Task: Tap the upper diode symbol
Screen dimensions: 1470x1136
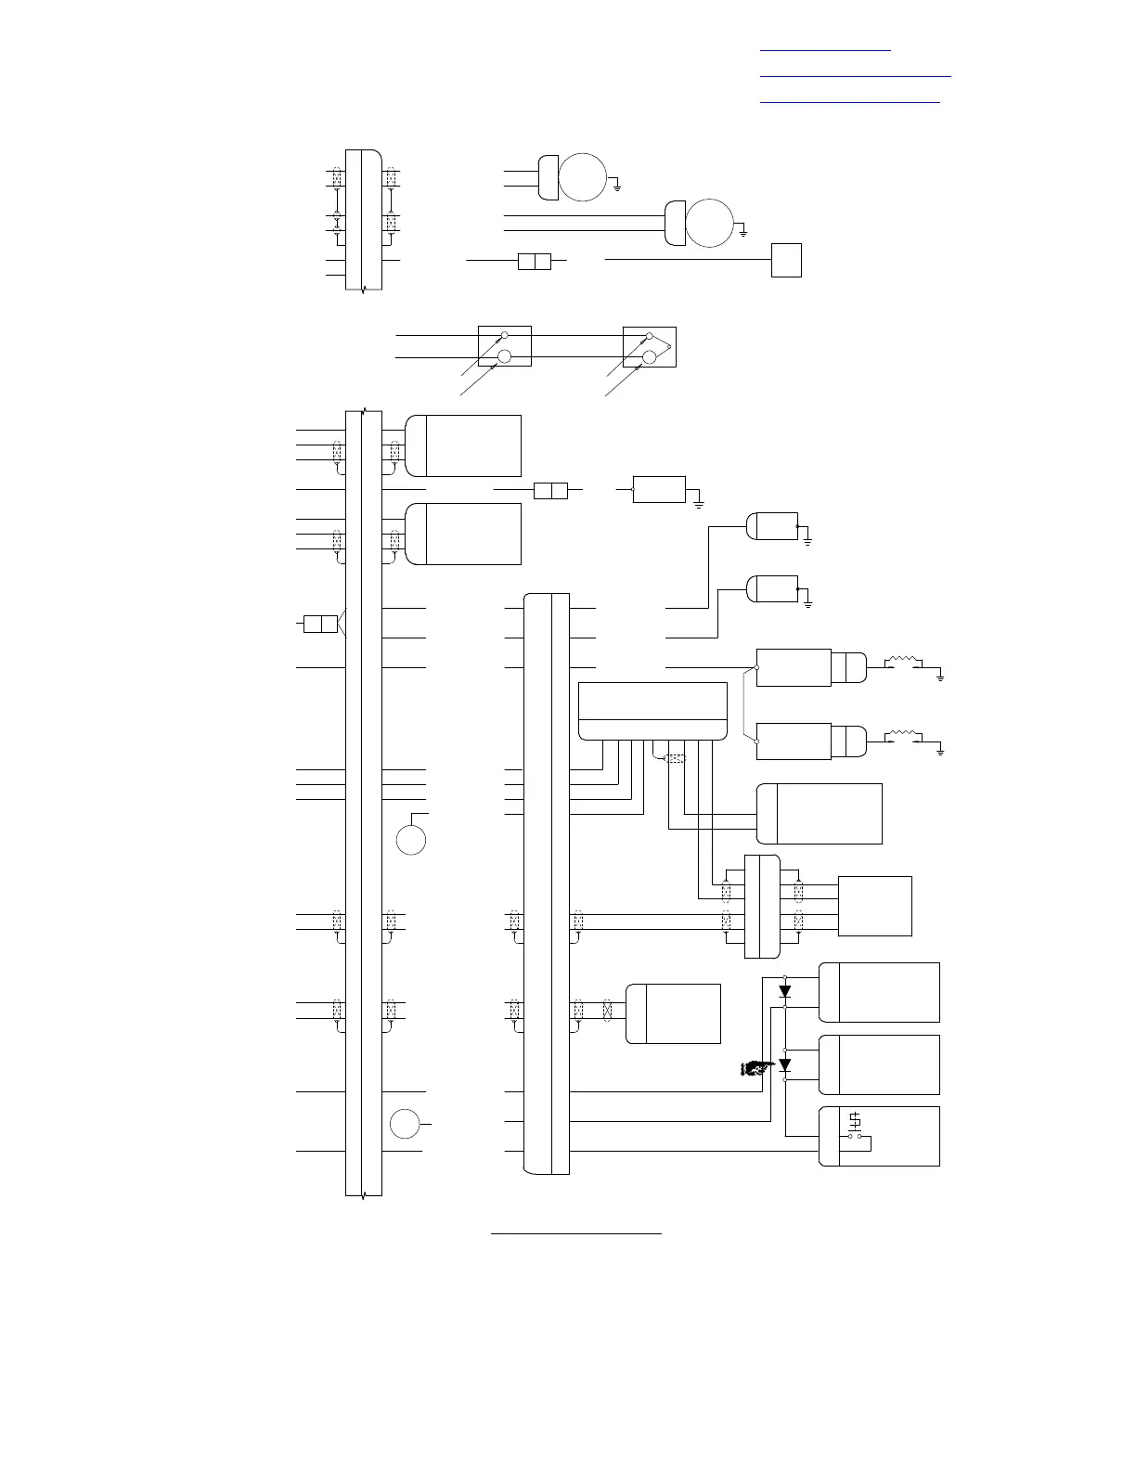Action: (785, 991)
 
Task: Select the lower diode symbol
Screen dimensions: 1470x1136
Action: (785, 1064)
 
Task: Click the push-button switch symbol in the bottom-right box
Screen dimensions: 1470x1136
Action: (855, 1126)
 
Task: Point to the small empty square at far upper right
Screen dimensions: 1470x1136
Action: (786, 260)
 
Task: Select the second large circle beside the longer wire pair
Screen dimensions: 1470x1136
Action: (709, 223)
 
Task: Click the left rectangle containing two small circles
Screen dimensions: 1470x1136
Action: (504, 346)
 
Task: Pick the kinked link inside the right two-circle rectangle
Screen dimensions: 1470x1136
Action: (662, 349)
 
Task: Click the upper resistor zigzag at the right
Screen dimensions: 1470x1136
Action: (903, 662)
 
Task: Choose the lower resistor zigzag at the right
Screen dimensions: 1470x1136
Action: (903, 736)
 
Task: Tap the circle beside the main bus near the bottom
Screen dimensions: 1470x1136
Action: (405, 1123)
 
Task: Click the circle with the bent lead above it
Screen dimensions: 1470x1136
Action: (411, 839)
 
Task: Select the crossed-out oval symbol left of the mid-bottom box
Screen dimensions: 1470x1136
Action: (608, 1010)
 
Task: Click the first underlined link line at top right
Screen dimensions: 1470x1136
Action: (825, 50)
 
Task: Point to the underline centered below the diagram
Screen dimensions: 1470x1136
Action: (575, 1234)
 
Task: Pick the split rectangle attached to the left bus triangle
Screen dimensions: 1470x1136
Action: (320, 624)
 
